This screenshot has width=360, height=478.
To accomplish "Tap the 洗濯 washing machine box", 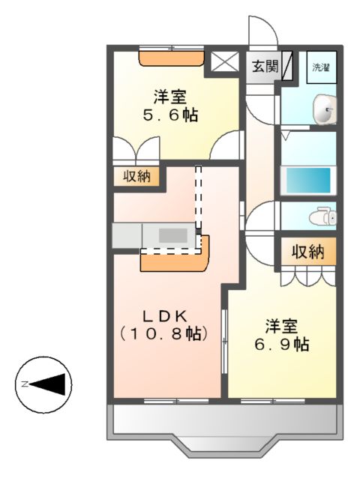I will (322, 67).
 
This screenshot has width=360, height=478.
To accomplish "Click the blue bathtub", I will (306, 181).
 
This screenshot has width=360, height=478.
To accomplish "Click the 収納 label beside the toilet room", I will (307, 252).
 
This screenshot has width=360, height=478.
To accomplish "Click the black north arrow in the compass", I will (52, 384).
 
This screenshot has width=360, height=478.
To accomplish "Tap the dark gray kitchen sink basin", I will (173, 235).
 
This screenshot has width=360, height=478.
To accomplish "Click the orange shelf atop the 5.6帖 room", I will (172, 58).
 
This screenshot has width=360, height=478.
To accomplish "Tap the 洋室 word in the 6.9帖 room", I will (281, 326).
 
